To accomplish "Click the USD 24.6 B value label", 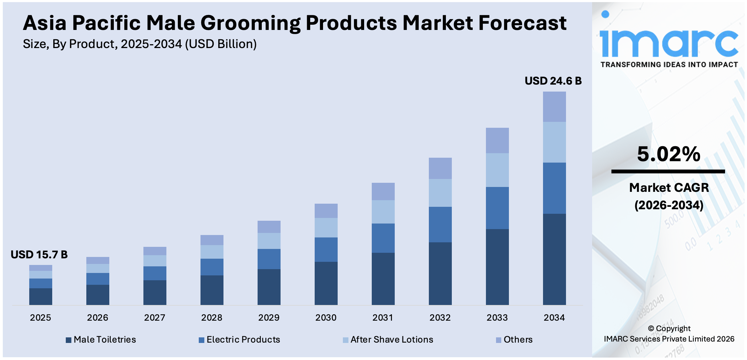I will click(x=553, y=81).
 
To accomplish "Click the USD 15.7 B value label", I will click(x=39, y=255).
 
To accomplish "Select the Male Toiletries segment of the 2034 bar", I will click(x=554, y=259).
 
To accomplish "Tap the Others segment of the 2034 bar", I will click(x=554, y=107).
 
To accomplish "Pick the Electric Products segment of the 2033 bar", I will click(x=497, y=208).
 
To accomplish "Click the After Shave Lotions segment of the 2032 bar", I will click(x=440, y=193).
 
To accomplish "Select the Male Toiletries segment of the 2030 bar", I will click(x=326, y=283).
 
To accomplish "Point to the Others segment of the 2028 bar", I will click(x=212, y=240).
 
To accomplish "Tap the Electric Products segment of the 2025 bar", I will click(x=40, y=283).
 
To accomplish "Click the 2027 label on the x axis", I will click(x=155, y=318).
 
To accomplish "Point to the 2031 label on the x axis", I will click(x=383, y=318).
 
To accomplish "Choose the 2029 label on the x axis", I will click(x=269, y=318).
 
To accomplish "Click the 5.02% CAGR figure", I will click(x=668, y=154).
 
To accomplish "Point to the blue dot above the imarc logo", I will click(x=605, y=14).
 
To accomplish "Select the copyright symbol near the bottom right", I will click(x=651, y=329).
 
